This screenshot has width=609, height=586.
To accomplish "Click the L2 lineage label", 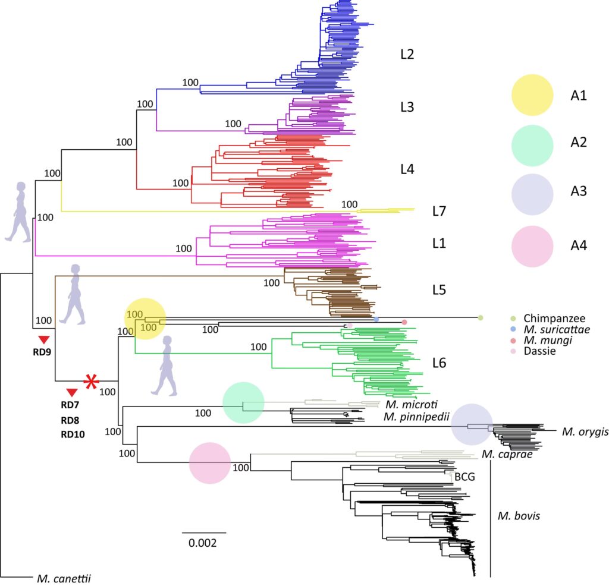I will pos(407,55).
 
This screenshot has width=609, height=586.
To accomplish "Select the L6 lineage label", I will pos(441,363).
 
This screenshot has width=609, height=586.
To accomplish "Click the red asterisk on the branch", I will pos(90,381).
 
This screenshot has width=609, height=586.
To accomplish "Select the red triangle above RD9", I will pos(43,339).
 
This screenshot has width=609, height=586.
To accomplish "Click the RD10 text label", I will pos(73,434).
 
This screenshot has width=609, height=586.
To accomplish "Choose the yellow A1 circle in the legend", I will pos(533,95).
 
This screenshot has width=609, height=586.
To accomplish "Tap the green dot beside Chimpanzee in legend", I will pos(513,319).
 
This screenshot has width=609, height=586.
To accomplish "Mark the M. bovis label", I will pos(519,516).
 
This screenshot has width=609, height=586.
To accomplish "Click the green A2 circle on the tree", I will pos(243,403).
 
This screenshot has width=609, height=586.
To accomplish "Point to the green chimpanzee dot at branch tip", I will pos(480,318).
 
